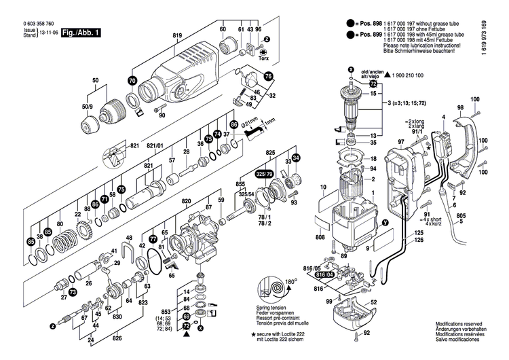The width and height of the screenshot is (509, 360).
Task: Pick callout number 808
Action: coord(321,238)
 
